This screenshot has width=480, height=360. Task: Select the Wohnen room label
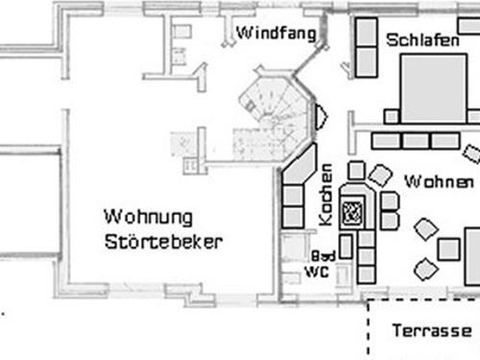point(439,180)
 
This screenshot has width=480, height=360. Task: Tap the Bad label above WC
point(323,257)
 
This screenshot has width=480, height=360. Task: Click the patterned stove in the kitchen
point(352,209)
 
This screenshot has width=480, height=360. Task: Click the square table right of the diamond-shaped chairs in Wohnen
point(448,250)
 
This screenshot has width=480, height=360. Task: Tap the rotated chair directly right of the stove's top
point(379,175)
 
